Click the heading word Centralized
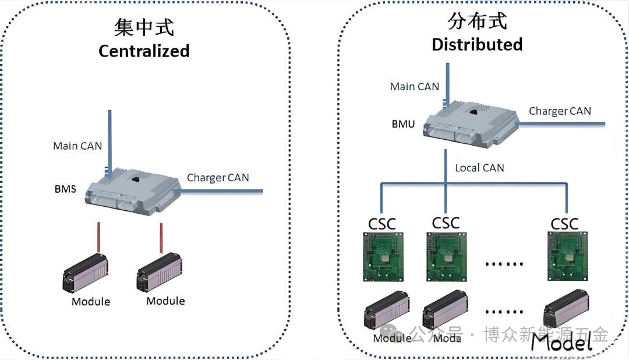(144, 51)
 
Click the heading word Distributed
(476, 44)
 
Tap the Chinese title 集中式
(144, 27)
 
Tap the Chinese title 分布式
(477, 21)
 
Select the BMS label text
(65, 189)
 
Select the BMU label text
(403, 124)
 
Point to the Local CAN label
(479, 168)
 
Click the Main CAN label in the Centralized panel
(77, 146)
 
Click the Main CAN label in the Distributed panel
(414, 86)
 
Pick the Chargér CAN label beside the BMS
(218, 178)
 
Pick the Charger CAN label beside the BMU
(560, 111)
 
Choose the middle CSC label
(446, 223)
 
